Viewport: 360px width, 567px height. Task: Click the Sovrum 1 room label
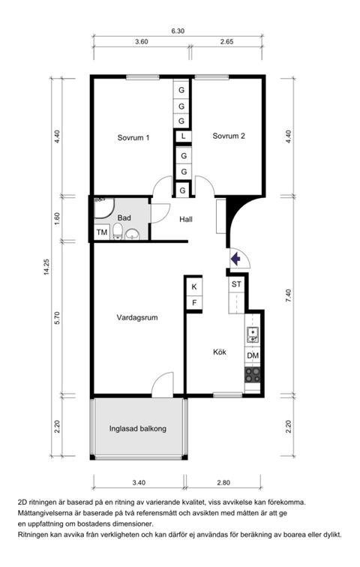(133, 137)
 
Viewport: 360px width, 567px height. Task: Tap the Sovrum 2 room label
(229, 136)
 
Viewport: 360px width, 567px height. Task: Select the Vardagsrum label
(137, 317)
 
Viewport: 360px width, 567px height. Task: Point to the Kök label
(220, 352)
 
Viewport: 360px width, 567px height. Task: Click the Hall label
(187, 219)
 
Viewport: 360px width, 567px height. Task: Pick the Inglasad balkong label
(137, 429)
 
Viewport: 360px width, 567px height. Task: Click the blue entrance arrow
(235, 259)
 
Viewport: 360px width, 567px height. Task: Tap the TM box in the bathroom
(101, 232)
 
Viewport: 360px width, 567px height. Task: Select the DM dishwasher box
(253, 355)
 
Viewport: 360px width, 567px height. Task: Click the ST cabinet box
(236, 284)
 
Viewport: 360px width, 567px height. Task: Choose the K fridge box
(194, 286)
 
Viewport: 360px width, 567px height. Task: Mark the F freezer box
(194, 303)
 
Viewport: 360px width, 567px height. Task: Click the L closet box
(182, 136)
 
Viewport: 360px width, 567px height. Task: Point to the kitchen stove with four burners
(253, 373)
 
